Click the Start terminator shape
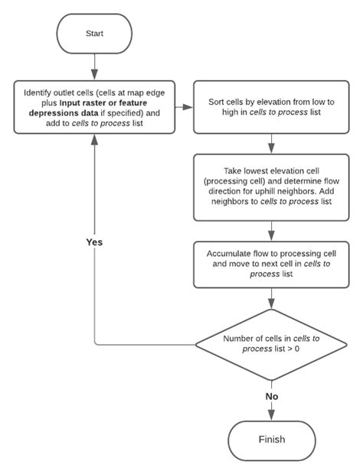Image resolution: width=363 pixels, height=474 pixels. click(x=93, y=34)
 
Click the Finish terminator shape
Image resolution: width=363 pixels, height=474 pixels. click(x=272, y=440)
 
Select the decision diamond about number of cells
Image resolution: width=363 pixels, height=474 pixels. click(x=272, y=344)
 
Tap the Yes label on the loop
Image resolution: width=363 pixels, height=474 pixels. click(x=93, y=242)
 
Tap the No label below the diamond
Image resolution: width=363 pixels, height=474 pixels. click(x=272, y=397)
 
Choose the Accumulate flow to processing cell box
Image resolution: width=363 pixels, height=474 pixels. click(x=272, y=265)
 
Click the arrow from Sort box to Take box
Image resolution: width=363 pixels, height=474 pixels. click(x=272, y=144)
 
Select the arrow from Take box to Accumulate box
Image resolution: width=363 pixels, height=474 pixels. click(x=272, y=229)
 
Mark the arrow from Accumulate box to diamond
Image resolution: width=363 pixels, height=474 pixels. click(x=272, y=300)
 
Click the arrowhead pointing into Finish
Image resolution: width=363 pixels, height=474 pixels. click(x=272, y=415)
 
